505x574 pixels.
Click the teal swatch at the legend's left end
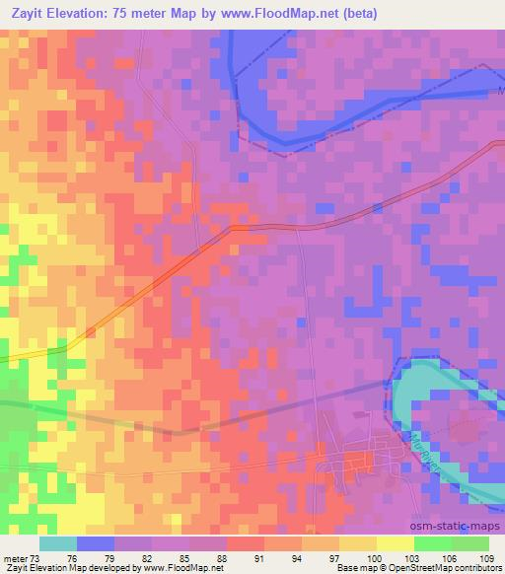click(x=58, y=543)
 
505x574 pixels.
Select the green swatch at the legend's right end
click(x=470, y=543)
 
